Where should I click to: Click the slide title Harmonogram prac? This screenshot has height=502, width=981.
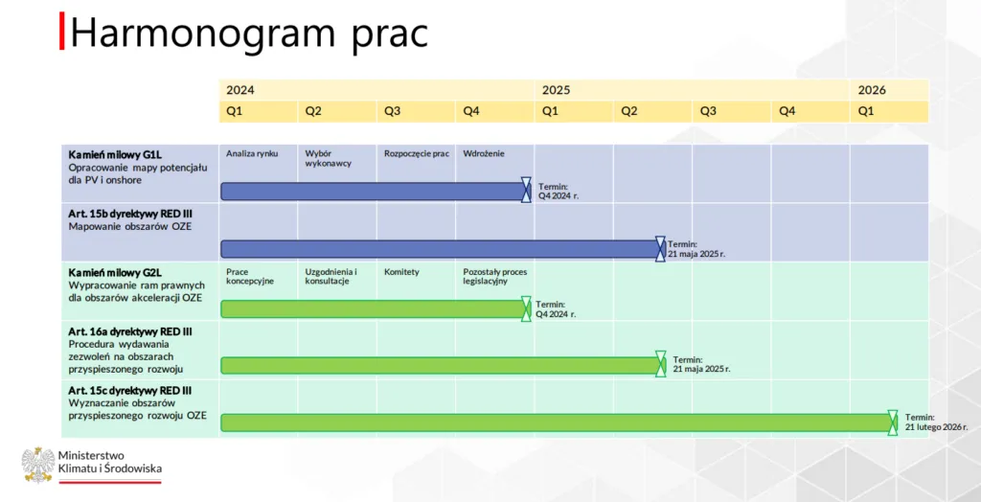click(248, 34)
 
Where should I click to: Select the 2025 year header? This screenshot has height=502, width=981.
click(556, 90)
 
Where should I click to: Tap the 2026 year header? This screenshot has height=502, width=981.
click(872, 90)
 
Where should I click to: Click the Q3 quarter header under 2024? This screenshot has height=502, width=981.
click(393, 111)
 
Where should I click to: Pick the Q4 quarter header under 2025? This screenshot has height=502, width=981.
click(787, 111)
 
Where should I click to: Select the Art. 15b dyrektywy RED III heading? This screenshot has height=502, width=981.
click(130, 214)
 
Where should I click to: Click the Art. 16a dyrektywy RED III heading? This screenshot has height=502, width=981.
click(130, 331)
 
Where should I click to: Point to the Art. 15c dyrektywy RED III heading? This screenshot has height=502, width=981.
click(130, 390)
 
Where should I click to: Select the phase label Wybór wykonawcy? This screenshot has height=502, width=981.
click(328, 158)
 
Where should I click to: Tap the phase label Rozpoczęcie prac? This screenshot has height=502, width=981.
click(417, 153)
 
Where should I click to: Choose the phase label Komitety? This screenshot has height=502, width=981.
click(401, 272)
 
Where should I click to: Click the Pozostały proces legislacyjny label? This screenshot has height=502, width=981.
click(494, 277)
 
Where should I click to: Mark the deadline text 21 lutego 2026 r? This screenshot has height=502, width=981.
click(936, 427)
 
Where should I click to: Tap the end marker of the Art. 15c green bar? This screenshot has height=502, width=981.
click(893, 422)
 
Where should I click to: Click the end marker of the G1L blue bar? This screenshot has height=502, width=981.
click(526, 190)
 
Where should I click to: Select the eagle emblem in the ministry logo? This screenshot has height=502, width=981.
click(37, 466)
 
